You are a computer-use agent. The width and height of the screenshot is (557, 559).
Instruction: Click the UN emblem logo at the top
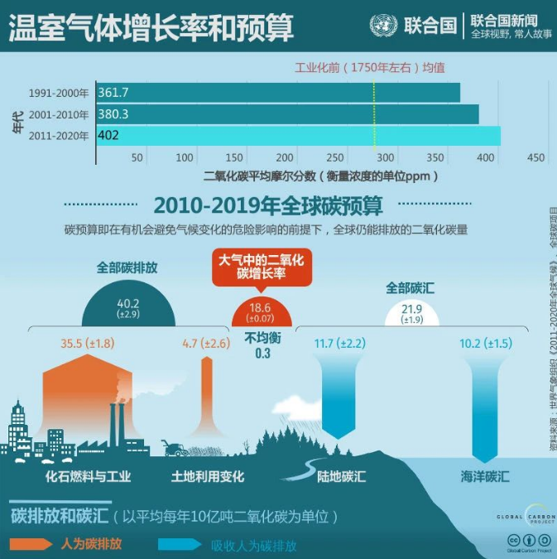click(382, 25)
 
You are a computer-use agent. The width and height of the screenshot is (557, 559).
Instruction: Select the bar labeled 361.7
click(278, 92)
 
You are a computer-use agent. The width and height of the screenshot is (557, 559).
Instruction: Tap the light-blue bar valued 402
click(298, 135)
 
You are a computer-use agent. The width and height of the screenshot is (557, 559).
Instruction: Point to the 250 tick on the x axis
click(335, 157)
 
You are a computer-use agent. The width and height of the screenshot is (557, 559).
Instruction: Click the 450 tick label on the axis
click(535, 157)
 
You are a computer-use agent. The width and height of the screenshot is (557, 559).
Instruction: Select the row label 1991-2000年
click(58, 93)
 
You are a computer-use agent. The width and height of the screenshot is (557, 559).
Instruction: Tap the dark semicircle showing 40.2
click(128, 308)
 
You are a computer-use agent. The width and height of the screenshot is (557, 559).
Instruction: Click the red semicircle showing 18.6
click(262, 313)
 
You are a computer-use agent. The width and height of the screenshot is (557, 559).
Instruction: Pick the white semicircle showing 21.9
click(411, 313)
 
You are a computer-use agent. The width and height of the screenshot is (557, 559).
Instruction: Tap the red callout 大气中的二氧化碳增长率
click(261, 267)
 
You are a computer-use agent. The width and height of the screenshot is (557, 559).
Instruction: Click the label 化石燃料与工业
click(89, 477)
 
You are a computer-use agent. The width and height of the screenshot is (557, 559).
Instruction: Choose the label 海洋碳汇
click(485, 476)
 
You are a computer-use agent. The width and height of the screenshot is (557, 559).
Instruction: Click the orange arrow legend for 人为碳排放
click(35, 544)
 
